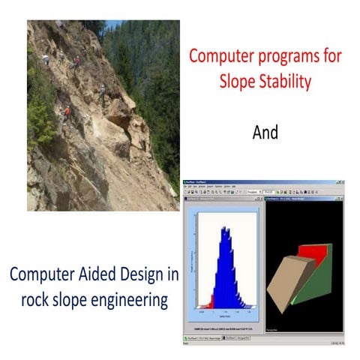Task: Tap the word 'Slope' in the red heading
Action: pos(238,82)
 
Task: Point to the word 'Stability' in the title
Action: pos(286,81)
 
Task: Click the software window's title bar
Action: pos(262,181)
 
